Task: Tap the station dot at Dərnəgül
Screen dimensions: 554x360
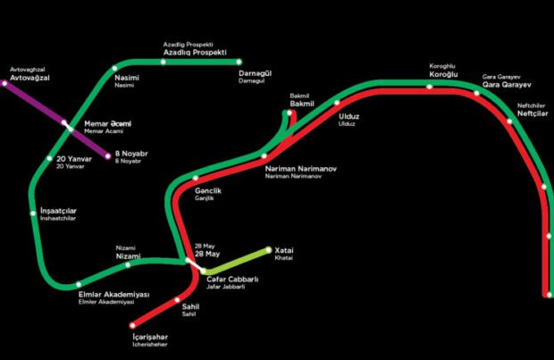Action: [239, 63]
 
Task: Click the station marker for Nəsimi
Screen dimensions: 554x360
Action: [114, 69]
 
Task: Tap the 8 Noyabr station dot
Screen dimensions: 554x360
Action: [108, 156]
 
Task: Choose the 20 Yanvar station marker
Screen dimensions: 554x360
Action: [50, 159]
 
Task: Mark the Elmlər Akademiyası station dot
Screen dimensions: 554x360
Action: [79, 284]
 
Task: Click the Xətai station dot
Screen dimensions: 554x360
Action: [269, 250]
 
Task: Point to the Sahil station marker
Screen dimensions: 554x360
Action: [177, 300]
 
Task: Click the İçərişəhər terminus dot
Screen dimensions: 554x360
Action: [132, 325]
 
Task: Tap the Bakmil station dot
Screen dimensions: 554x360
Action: [290, 113]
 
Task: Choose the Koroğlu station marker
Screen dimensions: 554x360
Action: [429, 87]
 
